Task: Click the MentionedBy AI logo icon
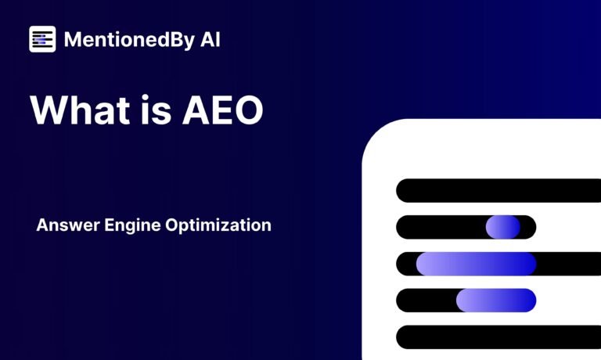[42, 39]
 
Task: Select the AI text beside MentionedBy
[211, 39]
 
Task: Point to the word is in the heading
[156, 110]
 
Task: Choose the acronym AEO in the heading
[223, 110]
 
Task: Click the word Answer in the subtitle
[68, 225]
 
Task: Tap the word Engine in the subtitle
[132, 226]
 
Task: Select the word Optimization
[218, 225]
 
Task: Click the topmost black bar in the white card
[498, 190]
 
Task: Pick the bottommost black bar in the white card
[498, 337]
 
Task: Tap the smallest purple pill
[503, 227]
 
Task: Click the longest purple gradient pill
[476, 264]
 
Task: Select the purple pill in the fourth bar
[496, 301]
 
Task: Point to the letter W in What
[49, 110]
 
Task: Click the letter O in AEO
[248, 110]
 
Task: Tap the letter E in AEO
[221, 110]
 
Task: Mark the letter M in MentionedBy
[73, 39]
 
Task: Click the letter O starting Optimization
[172, 225]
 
